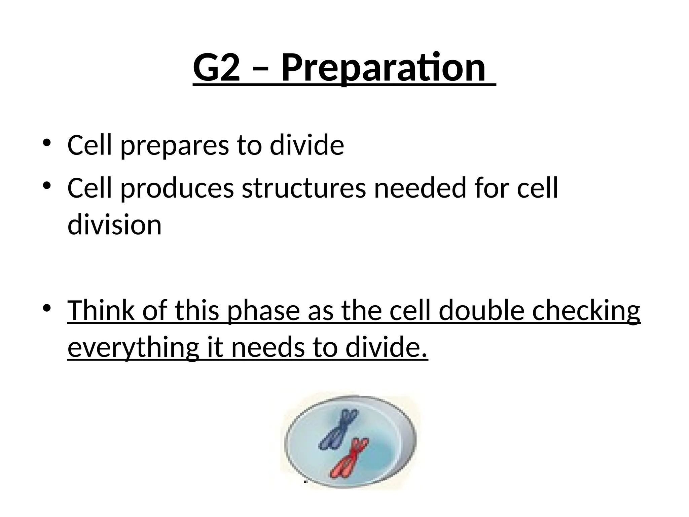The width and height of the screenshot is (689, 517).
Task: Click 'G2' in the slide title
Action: [217, 68]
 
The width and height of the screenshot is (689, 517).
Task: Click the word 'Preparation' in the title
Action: [383, 68]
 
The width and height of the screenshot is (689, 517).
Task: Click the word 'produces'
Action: [177, 188]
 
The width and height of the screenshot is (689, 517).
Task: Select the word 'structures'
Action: [304, 188]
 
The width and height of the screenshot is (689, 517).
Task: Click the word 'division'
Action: [114, 225]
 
